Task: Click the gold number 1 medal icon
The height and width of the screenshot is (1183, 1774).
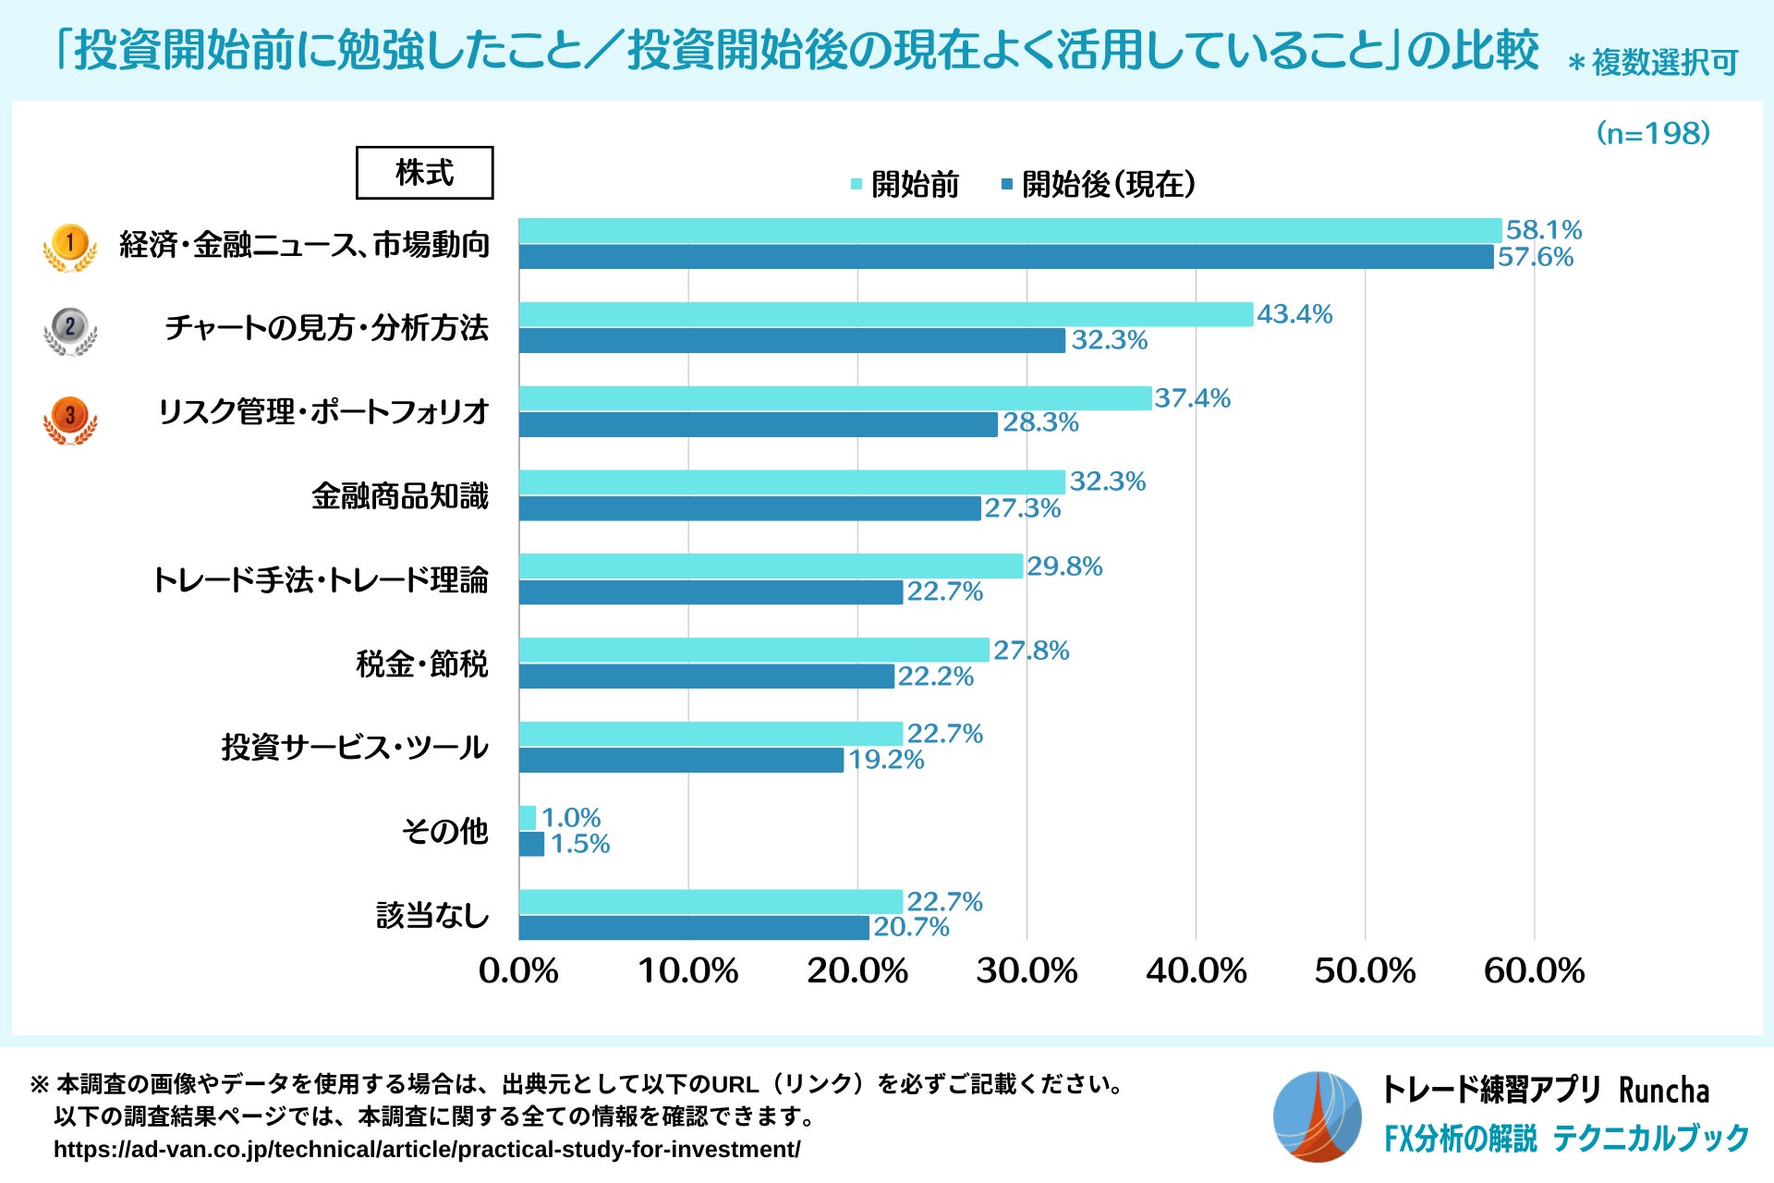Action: pos(69,247)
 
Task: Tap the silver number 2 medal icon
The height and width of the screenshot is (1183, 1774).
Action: pos(69,330)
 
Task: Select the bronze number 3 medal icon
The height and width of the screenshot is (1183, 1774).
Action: pos(69,419)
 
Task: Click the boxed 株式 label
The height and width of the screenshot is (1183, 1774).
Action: pos(424,173)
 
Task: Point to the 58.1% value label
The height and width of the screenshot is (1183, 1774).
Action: pos(1543,229)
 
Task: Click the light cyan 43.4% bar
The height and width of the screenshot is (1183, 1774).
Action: pos(885,314)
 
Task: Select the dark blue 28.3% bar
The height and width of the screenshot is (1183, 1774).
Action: pos(758,424)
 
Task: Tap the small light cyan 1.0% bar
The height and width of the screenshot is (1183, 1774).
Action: pos(527,818)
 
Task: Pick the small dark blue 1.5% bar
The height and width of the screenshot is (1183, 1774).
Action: pos(531,844)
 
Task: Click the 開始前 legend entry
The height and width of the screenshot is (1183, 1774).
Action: pos(905,185)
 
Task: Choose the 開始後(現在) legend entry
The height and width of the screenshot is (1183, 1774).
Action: pos(1100,185)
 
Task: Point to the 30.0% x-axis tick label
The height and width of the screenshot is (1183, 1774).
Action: pos(1027,971)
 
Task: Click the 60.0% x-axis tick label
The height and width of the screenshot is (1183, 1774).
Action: pos(1534,971)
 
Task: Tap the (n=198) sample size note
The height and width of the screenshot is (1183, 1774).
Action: pos(1653,134)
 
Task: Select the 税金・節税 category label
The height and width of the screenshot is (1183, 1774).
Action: pos(422,664)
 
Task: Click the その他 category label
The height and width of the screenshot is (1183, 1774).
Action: pos(444,831)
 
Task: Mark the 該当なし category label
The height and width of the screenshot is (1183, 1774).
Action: pos(432,915)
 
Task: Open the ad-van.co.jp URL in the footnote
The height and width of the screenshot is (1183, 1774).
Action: pos(427,1149)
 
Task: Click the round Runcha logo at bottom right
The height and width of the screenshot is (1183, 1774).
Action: pos(1317,1116)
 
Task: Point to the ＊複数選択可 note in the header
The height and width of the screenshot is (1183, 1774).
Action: pos(1653,63)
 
